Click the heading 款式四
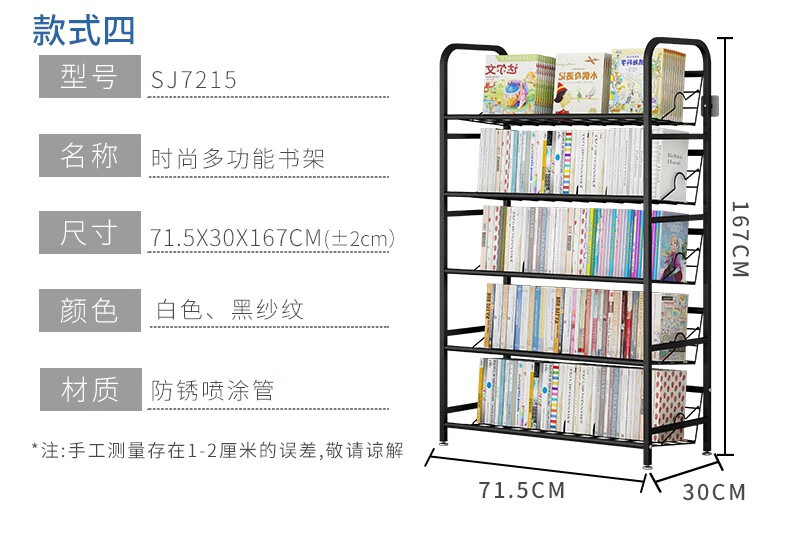tap(83, 30)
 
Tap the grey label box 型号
tap(89, 78)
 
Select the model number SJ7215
tap(194, 80)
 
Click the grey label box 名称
tap(89, 156)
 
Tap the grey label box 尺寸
tap(89, 234)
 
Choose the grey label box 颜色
tap(89, 311)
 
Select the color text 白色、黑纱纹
tap(229, 311)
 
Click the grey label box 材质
tap(89, 389)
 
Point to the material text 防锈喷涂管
tap(212, 390)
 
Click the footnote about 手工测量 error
tap(217, 451)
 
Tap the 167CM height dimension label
tap(739, 240)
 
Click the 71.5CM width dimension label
tap(522, 491)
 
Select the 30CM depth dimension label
tap(715, 492)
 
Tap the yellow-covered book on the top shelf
tap(580, 84)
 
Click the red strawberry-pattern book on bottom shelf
tap(668, 404)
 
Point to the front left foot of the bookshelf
tap(443, 436)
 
